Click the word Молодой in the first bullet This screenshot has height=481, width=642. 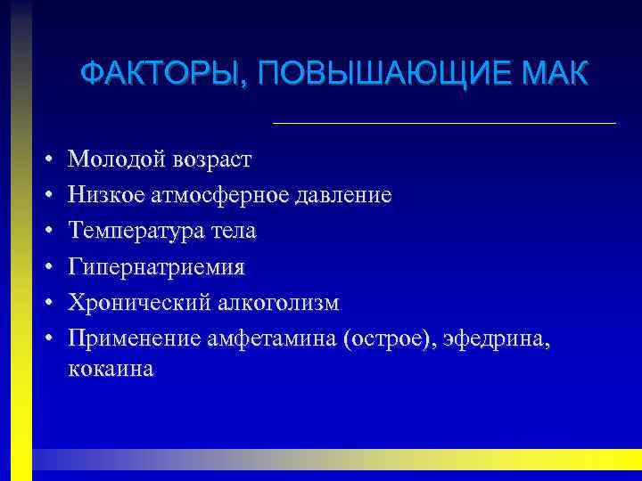coord(111,159)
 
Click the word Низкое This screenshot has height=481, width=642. coord(105,195)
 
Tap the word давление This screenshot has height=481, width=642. coord(346,195)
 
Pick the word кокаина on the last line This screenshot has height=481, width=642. coord(111,370)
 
